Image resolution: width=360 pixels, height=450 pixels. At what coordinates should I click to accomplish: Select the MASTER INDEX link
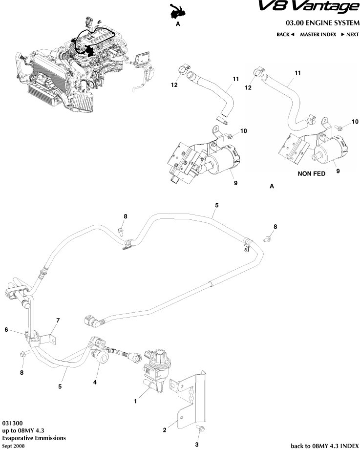click(x=318, y=35)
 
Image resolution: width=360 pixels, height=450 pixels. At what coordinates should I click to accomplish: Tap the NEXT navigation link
click(x=350, y=35)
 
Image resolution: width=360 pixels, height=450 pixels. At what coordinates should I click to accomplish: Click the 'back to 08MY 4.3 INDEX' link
click(x=324, y=445)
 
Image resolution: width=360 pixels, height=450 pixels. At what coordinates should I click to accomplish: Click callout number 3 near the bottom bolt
click(x=197, y=445)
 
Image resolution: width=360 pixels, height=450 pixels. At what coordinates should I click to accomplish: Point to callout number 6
click(x=6, y=330)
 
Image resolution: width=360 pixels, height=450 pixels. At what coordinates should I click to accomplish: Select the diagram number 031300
click(x=12, y=423)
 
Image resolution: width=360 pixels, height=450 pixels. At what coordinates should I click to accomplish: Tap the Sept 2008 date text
click(x=13, y=446)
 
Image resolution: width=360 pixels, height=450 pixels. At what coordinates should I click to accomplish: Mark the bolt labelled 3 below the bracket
click(x=200, y=429)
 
